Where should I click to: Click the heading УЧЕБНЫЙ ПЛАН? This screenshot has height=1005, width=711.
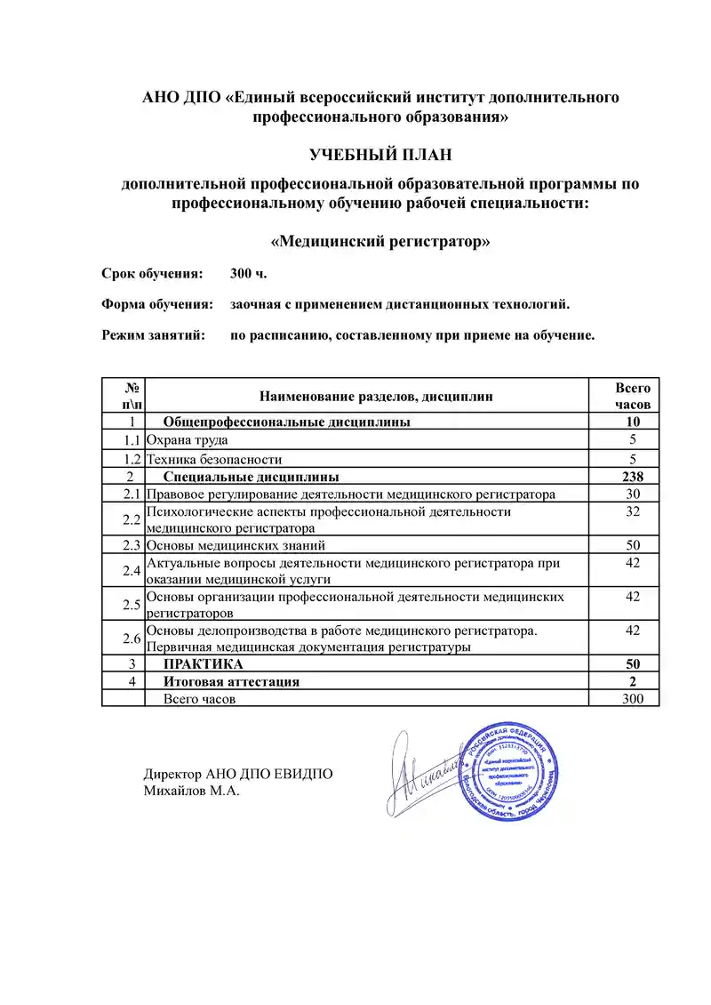click(380, 156)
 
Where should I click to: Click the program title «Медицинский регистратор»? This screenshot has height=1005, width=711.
click(380, 241)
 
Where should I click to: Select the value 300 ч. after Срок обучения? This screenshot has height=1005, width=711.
click(248, 273)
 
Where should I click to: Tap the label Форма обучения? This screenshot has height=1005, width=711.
click(157, 305)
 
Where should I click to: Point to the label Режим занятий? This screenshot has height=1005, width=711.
click(154, 336)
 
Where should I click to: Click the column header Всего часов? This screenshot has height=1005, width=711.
click(633, 396)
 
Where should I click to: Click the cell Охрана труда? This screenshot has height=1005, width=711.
click(188, 440)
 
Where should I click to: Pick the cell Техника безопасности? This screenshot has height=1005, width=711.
click(214, 459)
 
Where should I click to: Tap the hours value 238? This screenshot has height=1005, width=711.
click(633, 476)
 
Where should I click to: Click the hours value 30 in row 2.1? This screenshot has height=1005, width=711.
click(633, 494)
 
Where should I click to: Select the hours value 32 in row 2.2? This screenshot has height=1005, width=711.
click(633, 512)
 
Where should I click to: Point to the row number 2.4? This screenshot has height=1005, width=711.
click(132, 570)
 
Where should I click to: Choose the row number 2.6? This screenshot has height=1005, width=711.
click(132, 639)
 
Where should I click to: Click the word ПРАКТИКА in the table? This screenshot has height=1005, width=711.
click(204, 664)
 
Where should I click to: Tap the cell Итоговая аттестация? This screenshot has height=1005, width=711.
click(231, 682)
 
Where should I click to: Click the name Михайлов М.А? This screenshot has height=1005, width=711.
click(192, 791)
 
